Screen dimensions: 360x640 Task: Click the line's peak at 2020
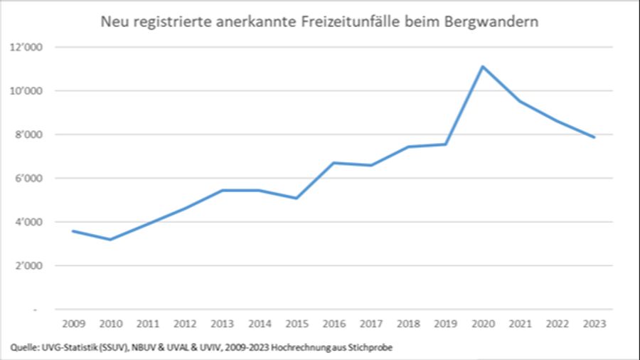click(483, 67)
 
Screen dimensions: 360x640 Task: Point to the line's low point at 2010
click(110, 240)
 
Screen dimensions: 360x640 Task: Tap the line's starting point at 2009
click(73, 231)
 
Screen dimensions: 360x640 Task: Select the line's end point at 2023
click(594, 137)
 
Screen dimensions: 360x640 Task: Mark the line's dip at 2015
click(296, 198)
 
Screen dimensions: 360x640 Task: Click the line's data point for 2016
click(334, 162)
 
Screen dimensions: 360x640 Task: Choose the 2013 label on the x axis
click(222, 324)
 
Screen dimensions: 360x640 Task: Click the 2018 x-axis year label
click(408, 324)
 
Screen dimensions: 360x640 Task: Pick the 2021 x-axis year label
click(520, 324)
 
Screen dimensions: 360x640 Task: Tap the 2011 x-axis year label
click(147, 324)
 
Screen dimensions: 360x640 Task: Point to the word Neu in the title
click(114, 21)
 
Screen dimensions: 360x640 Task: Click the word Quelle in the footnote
click(26, 346)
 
